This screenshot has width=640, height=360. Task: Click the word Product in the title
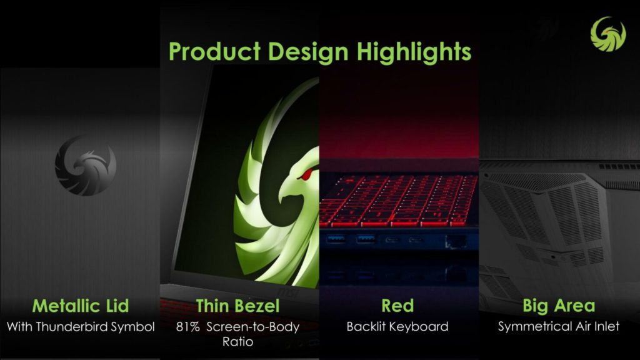215,51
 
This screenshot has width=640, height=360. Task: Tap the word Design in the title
309,52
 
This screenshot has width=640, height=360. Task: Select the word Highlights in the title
414,52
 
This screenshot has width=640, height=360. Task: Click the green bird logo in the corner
608,34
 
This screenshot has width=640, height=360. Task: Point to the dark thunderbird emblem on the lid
86,165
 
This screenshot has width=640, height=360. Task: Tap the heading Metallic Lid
81,306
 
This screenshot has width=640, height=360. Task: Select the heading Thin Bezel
237,306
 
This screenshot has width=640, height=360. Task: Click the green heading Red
397,306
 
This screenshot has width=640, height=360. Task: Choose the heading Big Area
559,306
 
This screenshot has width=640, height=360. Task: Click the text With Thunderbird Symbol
81,326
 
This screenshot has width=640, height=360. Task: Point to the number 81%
187,327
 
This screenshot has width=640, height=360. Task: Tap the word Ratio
237,341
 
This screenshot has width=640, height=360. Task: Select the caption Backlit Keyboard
397,326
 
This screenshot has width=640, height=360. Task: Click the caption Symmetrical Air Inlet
559,326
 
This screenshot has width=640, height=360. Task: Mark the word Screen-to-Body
253,327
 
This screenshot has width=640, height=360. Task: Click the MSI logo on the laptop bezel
288,292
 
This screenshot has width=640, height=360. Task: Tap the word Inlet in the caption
606,326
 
